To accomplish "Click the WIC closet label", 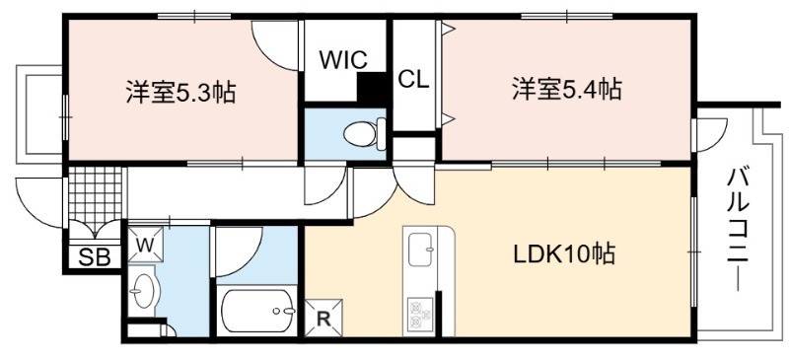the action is (x=344, y=60).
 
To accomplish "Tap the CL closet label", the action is (x=413, y=80).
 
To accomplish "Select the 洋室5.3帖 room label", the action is (x=180, y=92).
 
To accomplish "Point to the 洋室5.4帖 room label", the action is (x=566, y=89).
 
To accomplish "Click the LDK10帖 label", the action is (x=564, y=253).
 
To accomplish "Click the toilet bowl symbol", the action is (x=363, y=134).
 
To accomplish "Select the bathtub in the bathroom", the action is (x=257, y=311).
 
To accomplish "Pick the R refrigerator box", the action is (x=323, y=318).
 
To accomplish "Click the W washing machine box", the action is (x=145, y=246).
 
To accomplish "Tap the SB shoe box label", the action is (x=95, y=257).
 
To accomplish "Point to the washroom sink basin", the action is (x=145, y=291).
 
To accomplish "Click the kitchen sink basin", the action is (x=422, y=250).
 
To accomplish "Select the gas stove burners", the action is (x=420, y=313).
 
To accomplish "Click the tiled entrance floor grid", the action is (x=95, y=193).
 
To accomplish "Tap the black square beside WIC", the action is (x=372, y=86).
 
